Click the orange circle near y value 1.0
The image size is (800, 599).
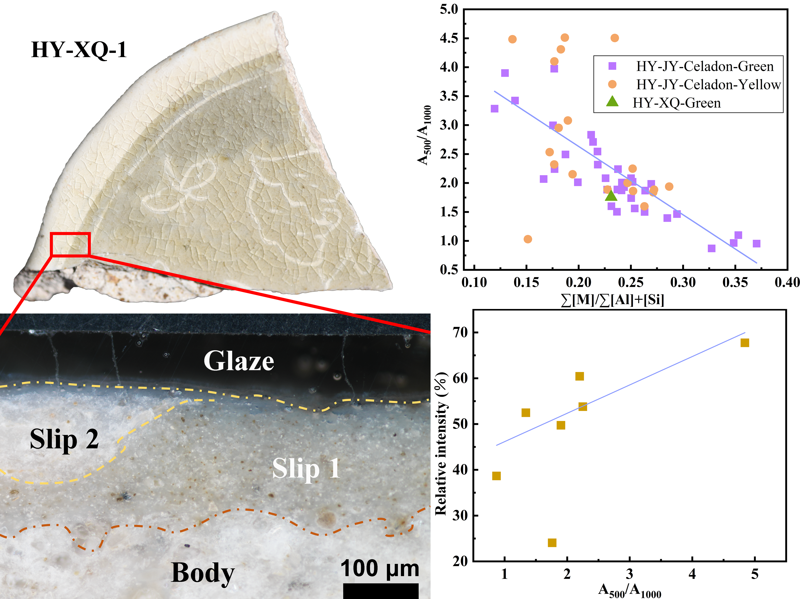click(528, 239)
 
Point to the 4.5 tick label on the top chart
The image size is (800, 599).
click(449, 38)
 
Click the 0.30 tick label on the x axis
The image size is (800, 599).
click(683, 282)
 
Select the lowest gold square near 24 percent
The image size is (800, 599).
click(552, 543)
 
